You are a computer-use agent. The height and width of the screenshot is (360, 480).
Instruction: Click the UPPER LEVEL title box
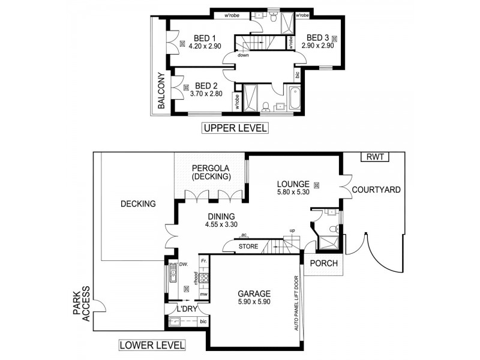click(x=235, y=128)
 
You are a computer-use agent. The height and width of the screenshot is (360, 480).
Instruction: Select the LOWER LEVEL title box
click(x=152, y=345)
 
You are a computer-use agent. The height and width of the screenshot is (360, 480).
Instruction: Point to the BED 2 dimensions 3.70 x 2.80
click(x=206, y=94)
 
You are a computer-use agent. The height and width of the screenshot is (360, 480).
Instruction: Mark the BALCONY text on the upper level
click(x=161, y=91)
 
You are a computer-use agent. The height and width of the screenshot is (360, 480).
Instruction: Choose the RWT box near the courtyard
click(x=374, y=157)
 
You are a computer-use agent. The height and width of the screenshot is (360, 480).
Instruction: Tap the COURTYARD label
click(x=376, y=190)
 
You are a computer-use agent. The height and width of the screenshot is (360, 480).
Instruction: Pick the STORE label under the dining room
click(x=248, y=246)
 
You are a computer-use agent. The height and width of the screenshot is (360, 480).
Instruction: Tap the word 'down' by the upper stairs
click(x=243, y=55)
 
